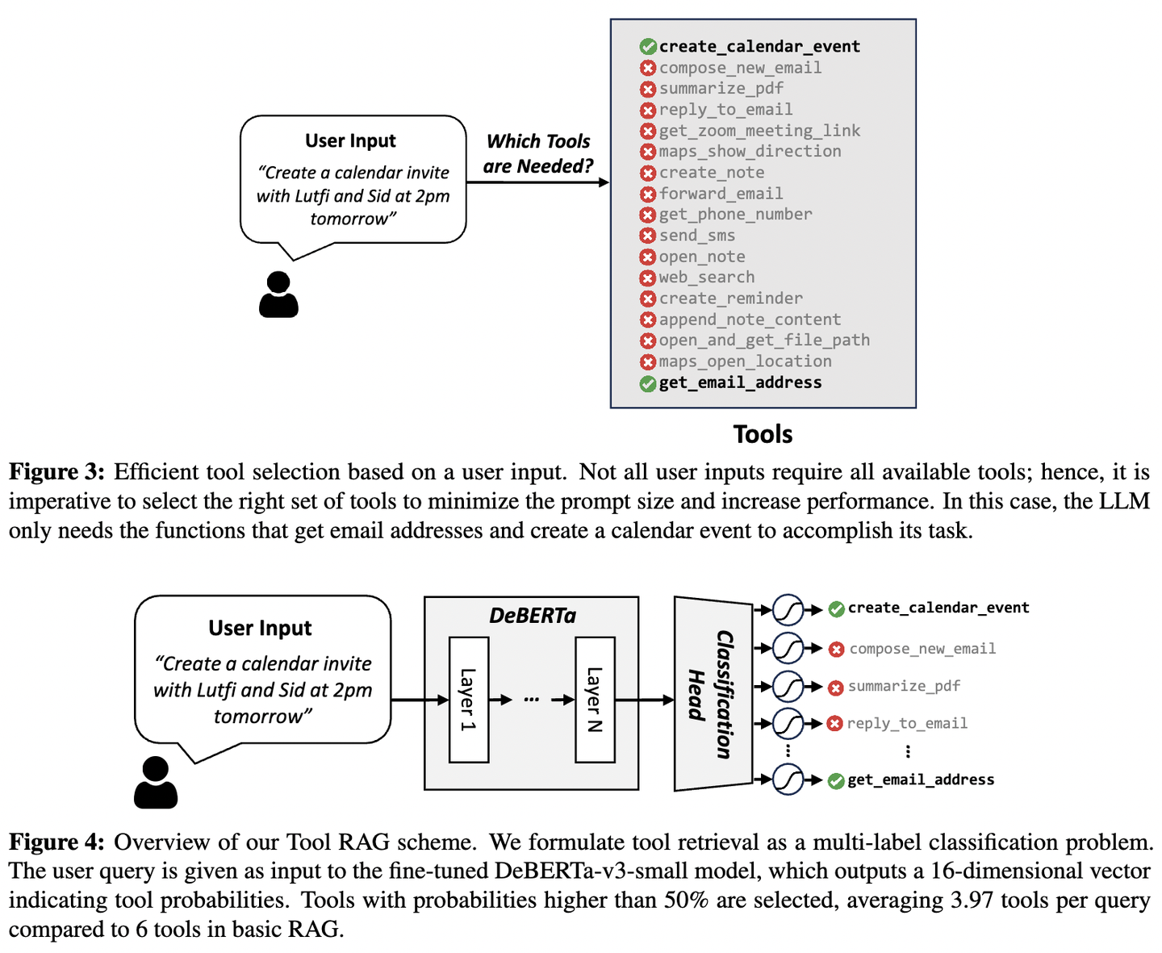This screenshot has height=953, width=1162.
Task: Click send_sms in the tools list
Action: coord(696,236)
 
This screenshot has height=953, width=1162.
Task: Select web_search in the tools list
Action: coord(706,278)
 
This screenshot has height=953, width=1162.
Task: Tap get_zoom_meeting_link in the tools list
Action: coord(759,131)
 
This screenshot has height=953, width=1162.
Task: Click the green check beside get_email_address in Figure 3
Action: coord(647,384)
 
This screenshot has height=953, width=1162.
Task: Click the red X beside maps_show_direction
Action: coord(647,152)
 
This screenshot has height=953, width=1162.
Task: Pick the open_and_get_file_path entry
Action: coord(763,341)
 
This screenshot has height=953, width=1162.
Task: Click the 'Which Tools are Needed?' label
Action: coord(538,153)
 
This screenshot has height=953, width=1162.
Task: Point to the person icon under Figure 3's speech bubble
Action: coord(278,295)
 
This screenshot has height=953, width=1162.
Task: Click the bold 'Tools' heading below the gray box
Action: coord(763,434)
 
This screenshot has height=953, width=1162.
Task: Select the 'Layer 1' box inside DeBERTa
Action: coord(468,700)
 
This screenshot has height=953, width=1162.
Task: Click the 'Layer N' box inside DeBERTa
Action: coord(595,700)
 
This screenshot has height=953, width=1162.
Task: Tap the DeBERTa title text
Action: coord(532,616)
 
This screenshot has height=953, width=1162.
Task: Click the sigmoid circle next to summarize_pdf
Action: coord(788,687)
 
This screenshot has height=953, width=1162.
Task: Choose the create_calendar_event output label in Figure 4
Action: coord(938,608)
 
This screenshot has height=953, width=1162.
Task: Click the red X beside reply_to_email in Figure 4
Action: coord(835,724)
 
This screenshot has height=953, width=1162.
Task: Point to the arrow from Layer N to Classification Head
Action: coord(644,700)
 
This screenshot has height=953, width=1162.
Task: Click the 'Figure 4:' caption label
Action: coord(56,842)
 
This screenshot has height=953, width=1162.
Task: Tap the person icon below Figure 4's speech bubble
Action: coord(156,783)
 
